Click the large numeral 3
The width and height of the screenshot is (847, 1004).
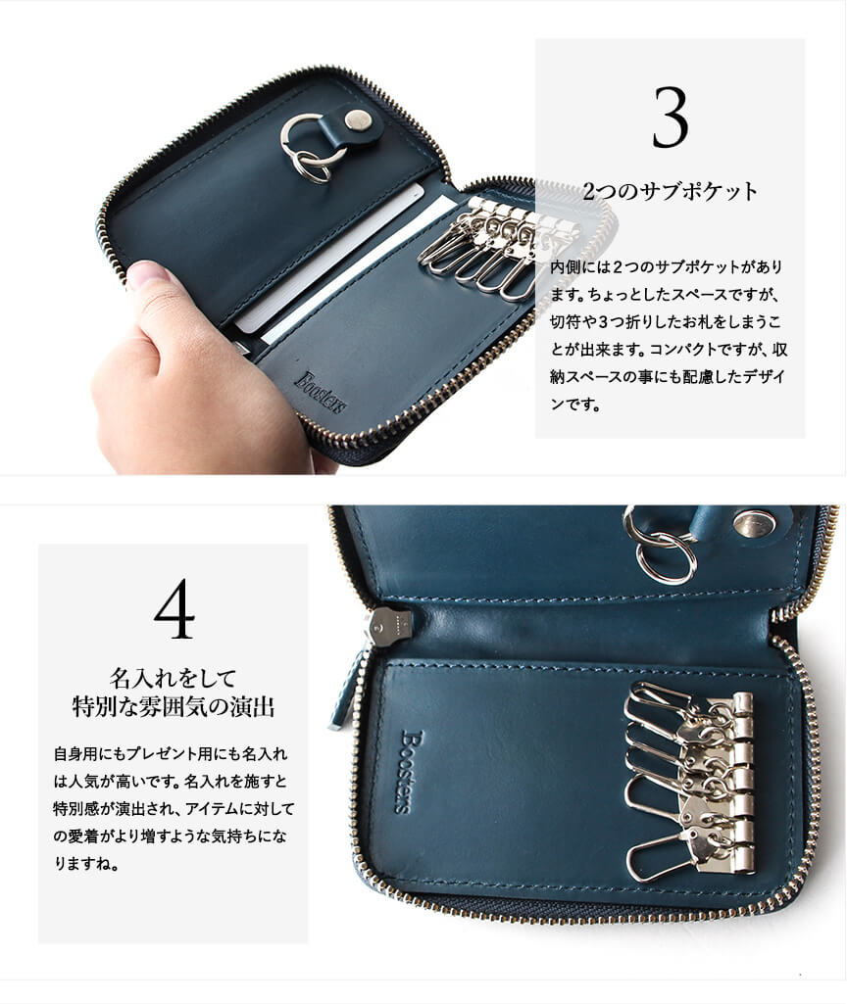671,118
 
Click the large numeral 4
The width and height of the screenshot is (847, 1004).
174,608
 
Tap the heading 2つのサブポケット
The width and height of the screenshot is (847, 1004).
671,191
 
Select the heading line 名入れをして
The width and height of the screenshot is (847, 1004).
174,678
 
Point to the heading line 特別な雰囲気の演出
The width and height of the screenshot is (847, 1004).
174,707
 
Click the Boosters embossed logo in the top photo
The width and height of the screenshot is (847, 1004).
321,392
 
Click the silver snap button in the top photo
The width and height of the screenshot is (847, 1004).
358,120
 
